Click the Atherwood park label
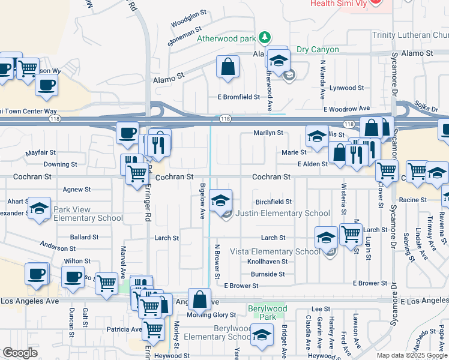click(x=226, y=38)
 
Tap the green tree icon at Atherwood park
click(x=265, y=38)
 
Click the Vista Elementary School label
click(x=284, y=251)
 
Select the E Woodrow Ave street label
click(x=347, y=109)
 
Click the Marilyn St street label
click(x=268, y=133)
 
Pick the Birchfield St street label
click(x=274, y=202)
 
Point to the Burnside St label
click(x=268, y=274)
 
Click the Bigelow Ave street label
click(x=203, y=201)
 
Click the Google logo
click(x=20, y=353)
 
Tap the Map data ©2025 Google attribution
click(x=412, y=355)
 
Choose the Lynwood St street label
click(x=346, y=88)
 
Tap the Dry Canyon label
click(x=318, y=50)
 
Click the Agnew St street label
click(x=76, y=189)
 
